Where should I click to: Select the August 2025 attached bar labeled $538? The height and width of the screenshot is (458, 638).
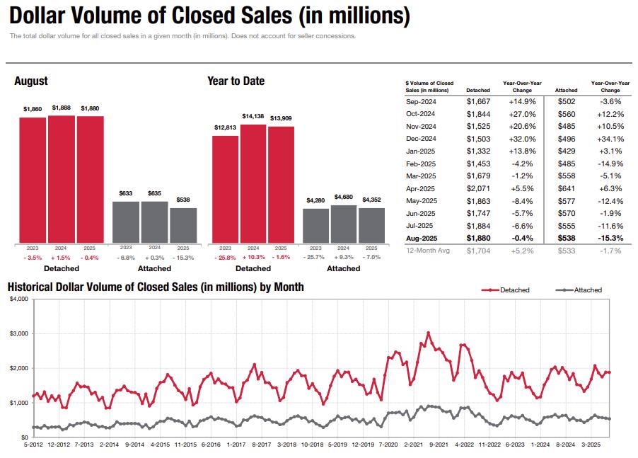point(183,226)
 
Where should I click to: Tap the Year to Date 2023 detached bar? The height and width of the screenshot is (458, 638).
point(225,189)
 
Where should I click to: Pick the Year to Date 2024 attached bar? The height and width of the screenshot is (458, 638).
point(343,224)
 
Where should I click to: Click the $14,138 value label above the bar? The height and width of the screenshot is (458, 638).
point(253,116)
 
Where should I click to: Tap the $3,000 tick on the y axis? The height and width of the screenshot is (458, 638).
point(18,333)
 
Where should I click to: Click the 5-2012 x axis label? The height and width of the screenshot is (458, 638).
point(33,445)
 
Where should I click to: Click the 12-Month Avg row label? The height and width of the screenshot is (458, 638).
point(427,251)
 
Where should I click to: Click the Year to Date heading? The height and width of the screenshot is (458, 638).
point(236,81)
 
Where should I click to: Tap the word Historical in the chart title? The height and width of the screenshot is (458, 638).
point(33,287)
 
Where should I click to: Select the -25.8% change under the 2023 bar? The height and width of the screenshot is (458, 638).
point(224,258)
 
